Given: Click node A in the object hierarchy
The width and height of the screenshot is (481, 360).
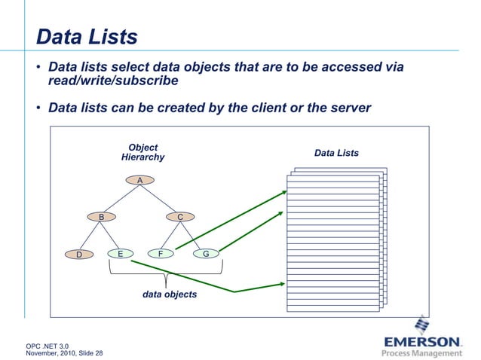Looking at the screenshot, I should click(139, 180).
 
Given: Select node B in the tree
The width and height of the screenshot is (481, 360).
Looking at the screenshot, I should click(102, 217).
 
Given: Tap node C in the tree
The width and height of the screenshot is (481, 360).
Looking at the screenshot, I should click(180, 217).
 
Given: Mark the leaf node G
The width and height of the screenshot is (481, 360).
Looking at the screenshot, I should click(205, 254).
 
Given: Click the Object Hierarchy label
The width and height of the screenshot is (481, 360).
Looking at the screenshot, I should click(142, 152).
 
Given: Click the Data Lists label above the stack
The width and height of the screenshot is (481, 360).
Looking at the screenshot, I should click(336, 154).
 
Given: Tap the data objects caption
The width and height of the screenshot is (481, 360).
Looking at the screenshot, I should click(170, 294).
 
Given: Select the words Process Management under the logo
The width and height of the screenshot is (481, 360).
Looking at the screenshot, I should click(421, 352).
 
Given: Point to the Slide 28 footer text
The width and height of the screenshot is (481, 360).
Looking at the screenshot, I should click(89, 353).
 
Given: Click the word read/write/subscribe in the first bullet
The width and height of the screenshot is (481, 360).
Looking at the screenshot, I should click(113, 81).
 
